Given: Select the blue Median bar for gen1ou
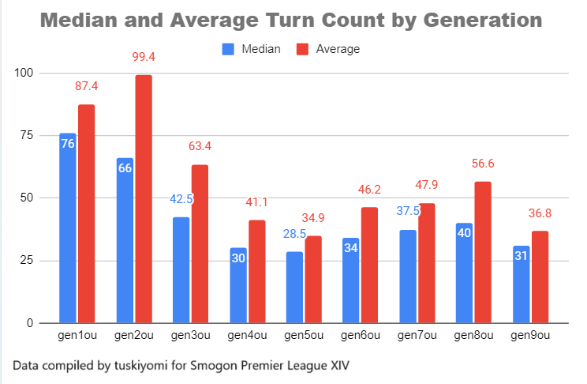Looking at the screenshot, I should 68,228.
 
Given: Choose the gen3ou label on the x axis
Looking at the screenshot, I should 190,337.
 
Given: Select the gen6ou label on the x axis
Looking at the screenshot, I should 361,337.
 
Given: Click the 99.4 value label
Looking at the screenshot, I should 143,57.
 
